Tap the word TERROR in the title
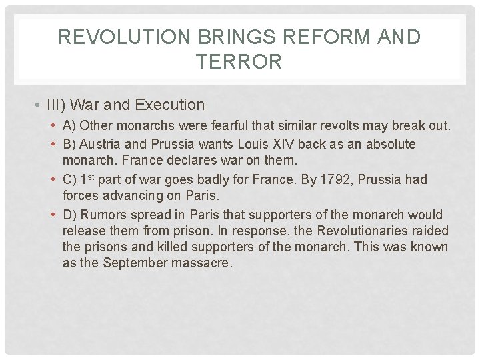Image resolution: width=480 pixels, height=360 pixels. (x=239, y=63)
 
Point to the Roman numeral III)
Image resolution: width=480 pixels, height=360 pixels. (x=56, y=105)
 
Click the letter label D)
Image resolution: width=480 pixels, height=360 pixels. (x=70, y=215)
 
